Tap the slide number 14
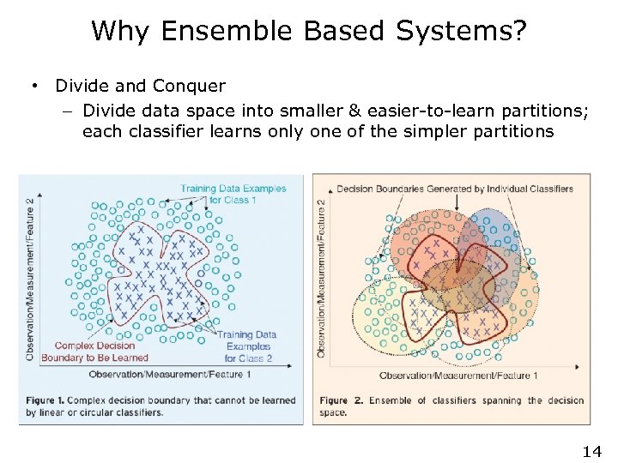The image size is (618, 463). coord(591,451)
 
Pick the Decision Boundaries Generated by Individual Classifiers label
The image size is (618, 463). coord(455,189)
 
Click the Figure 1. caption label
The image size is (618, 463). coord(48,400)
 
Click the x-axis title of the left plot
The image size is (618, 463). coord(181,374)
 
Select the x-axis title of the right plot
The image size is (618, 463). coord(458,376)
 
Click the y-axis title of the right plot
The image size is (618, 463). coord(322,279)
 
